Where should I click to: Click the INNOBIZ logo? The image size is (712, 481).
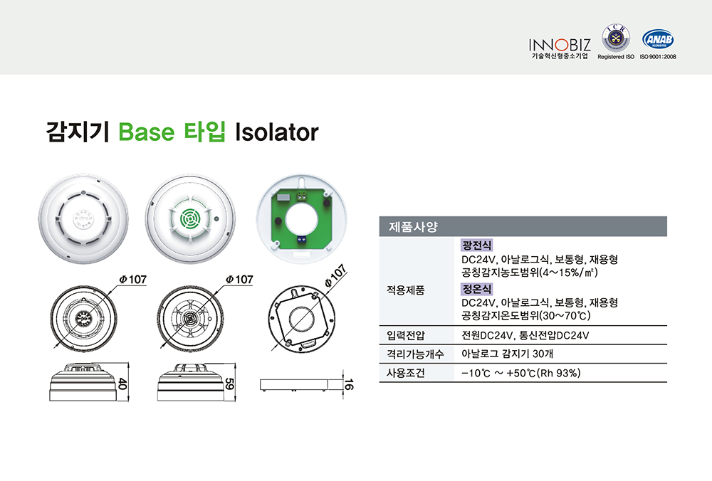(560, 48)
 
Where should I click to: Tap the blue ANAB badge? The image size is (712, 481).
(658, 39)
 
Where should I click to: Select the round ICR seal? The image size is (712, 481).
(616, 38)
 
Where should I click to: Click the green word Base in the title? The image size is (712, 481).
(146, 132)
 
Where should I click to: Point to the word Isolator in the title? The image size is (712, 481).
(276, 132)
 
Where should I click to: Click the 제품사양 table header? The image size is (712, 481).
(413, 226)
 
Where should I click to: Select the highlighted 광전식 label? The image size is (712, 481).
(476, 245)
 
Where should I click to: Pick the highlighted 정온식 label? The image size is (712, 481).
(476, 289)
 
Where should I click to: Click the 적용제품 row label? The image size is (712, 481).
(405, 290)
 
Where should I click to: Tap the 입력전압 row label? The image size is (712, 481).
(405, 335)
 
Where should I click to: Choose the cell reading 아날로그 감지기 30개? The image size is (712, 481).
(507, 354)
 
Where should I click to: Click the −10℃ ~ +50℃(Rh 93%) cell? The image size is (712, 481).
(521, 373)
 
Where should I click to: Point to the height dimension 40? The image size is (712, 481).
(122, 384)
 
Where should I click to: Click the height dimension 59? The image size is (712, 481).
(229, 384)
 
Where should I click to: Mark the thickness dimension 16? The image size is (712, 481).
(348, 385)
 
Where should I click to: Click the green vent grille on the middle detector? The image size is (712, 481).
(189, 218)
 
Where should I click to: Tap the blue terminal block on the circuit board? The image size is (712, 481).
(301, 239)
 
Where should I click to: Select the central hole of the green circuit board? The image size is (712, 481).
(301, 218)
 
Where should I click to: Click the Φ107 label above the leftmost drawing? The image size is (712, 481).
(132, 279)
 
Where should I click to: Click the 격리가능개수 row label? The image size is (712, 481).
(414, 354)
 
